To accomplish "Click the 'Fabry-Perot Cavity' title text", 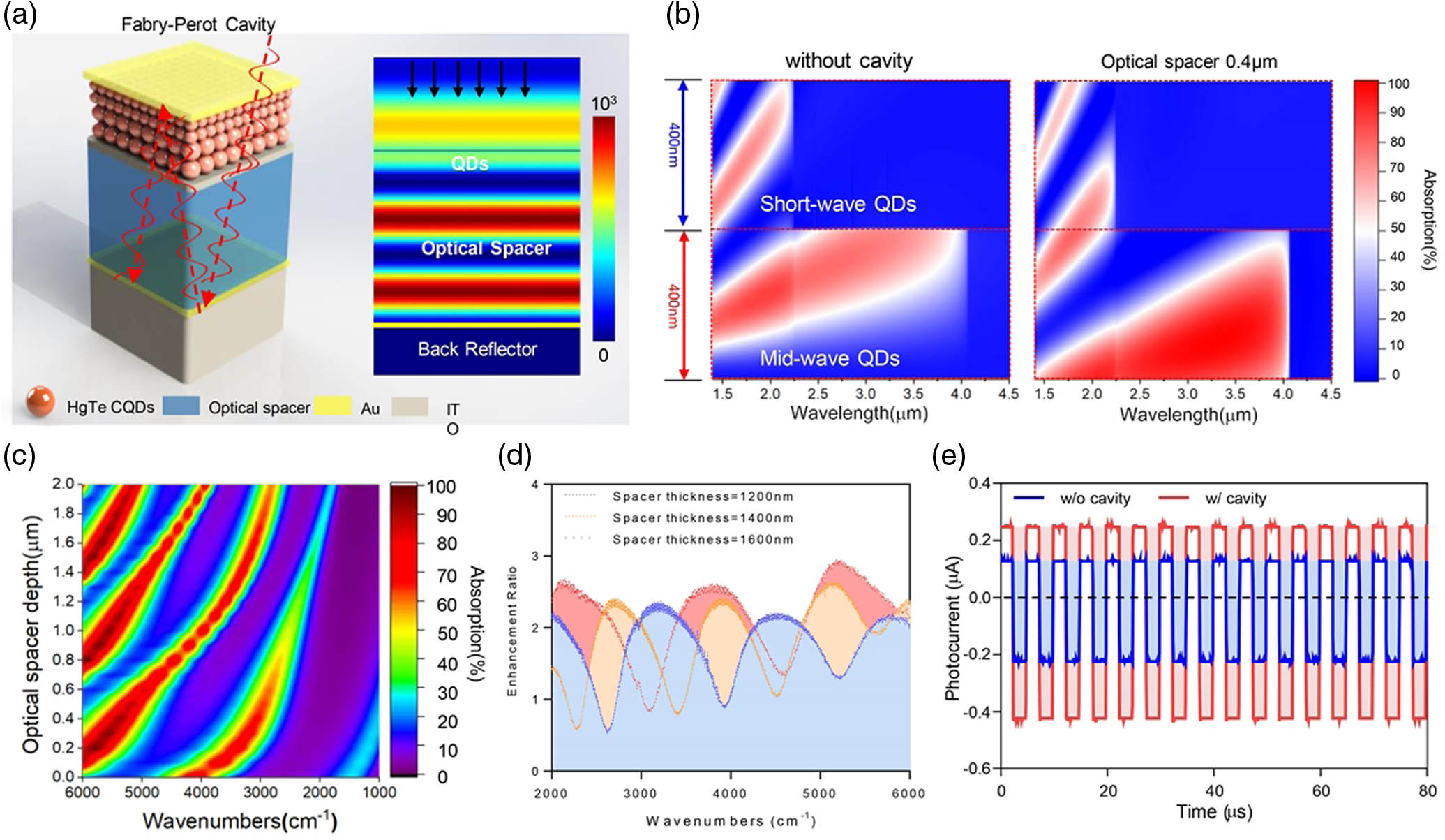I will (198, 24).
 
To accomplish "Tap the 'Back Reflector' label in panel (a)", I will (477, 349).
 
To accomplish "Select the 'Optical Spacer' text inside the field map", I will (486, 249).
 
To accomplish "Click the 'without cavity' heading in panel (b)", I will (848, 61).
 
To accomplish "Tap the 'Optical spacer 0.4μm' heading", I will (1188, 62).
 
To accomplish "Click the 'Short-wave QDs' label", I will (837, 204).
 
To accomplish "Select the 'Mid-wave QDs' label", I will (829, 359).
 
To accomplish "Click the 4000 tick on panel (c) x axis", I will (201, 793).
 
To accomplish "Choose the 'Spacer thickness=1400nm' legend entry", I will (702, 518).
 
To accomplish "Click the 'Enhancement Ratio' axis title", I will (511, 631).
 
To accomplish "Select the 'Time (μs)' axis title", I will (1214, 811).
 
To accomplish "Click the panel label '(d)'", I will (514, 456).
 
